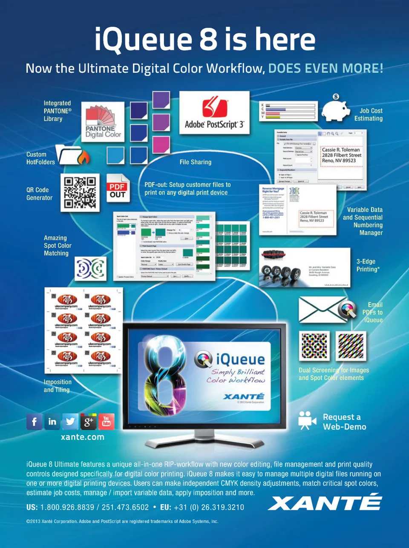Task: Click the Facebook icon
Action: [34, 422]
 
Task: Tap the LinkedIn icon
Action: [52, 422]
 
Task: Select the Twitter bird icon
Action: [70, 422]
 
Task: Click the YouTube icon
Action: [106, 422]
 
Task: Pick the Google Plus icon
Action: [88, 422]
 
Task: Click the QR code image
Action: [80, 192]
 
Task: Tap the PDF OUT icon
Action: [117, 188]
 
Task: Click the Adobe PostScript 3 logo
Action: [214, 112]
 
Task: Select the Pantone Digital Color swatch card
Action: [103, 122]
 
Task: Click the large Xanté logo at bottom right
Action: [325, 502]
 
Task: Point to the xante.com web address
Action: [82, 437]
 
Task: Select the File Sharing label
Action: [196, 162]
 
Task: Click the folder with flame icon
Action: [73, 155]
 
